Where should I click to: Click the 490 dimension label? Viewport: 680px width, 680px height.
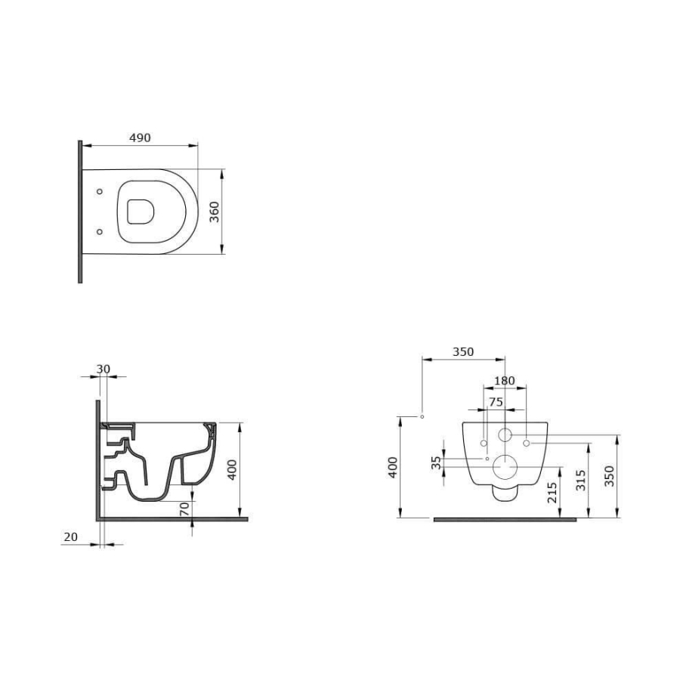(x=140, y=138)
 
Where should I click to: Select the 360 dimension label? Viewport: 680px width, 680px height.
(x=215, y=212)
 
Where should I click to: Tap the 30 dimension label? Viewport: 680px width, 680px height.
(x=104, y=369)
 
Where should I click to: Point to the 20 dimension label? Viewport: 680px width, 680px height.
(x=71, y=537)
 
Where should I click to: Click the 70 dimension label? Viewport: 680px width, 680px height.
(x=184, y=509)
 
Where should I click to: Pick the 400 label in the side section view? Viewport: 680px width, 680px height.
(x=233, y=470)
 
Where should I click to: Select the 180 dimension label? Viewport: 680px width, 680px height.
(x=505, y=381)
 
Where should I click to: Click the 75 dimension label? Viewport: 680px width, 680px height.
(x=496, y=402)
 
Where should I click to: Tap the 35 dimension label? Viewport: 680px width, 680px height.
(x=436, y=462)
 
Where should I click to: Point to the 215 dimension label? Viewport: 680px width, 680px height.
(x=552, y=493)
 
